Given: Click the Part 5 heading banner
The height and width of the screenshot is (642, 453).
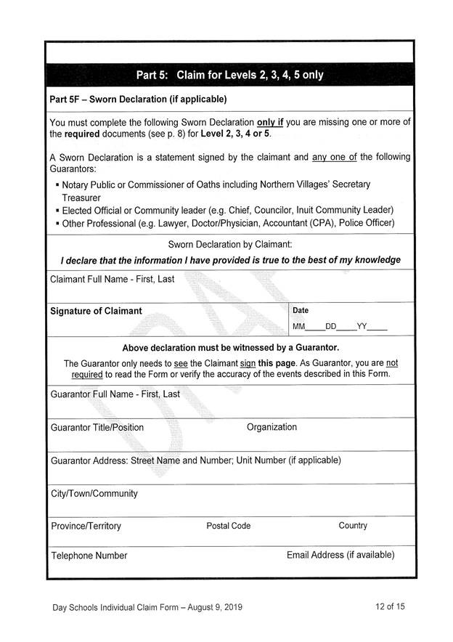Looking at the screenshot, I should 229,75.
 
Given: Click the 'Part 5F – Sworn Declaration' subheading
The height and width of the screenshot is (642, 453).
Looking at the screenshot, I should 138,99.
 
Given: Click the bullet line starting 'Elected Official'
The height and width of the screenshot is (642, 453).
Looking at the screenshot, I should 228,210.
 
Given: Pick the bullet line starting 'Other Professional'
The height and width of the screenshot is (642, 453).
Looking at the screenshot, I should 228,223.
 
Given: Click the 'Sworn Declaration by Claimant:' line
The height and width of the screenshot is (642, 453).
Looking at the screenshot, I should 230,244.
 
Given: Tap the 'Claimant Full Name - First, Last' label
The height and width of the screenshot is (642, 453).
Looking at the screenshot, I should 112,279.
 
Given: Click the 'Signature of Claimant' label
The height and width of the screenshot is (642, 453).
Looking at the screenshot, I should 96,311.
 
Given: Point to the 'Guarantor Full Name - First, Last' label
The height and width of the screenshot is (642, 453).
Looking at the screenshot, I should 115,394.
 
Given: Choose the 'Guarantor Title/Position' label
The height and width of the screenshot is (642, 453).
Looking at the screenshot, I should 97,427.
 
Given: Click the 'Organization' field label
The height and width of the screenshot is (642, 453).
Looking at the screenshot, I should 272,427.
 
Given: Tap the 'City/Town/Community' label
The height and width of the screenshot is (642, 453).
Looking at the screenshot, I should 94,493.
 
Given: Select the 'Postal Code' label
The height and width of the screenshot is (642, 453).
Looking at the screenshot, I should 229,526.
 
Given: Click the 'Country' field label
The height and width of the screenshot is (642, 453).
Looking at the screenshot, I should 353,525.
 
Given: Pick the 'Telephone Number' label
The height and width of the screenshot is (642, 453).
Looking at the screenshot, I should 89,556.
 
